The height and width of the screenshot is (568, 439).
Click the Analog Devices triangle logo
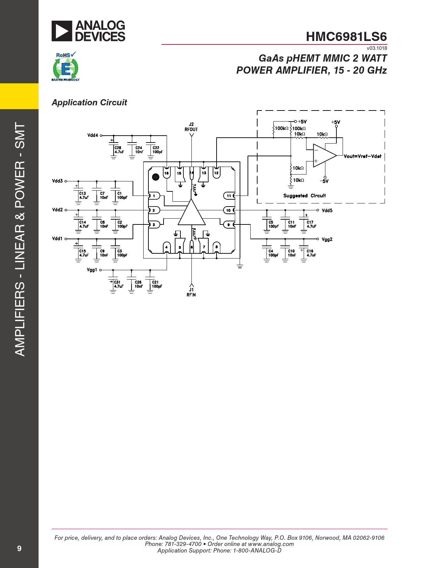pyautogui.click(x=62, y=31)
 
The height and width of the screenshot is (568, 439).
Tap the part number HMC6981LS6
pyautogui.click(x=346, y=37)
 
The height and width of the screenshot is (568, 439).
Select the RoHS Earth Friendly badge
pyautogui.click(x=65, y=67)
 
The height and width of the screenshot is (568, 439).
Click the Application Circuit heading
pyautogui.click(x=89, y=103)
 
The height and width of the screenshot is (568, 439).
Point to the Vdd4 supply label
pyautogui.click(x=93, y=135)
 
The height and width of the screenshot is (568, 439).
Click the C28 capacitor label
pyautogui.click(x=118, y=148)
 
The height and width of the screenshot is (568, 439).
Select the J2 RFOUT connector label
pyautogui.click(x=191, y=127)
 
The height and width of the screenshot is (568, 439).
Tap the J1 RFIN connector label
pyautogui.click(x=191, y=292)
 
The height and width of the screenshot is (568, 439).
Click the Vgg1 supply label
pyautogui.click(x=92, y=270)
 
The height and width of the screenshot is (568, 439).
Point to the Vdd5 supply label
pyautogui.click(x=327, y=210)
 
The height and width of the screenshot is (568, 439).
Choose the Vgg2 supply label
pyautogui.click(x=327, y=239)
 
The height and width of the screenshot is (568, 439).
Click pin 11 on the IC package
pyautogui.click(x=229, y=196)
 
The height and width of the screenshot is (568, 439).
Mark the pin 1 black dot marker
pyautogui.click(x=156, y=177)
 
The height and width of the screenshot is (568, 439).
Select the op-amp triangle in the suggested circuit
pyautogui.click(x=325, y=156)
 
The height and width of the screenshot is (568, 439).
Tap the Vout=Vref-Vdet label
pyautogui.click(x=363, y=156)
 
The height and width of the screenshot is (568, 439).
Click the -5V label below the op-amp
pyautogui.click(x=324, y=181)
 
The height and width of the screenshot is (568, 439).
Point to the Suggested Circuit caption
pyautogui.click(x=305, y=196)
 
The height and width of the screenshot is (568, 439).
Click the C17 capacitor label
pyautogui.click(x=310, y=222)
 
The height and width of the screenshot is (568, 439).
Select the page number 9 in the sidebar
pyautogui.click(x=19, y=548)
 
